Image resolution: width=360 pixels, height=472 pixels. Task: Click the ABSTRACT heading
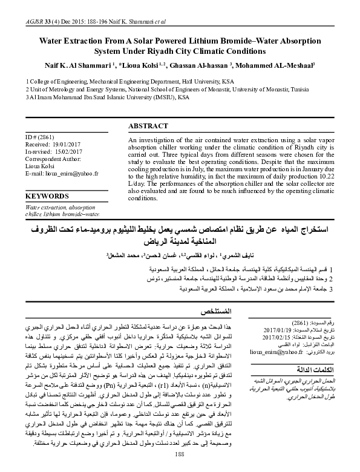click(148, 126)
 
